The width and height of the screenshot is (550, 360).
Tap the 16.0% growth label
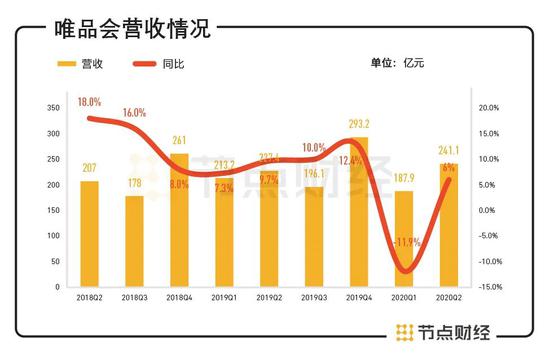click(133, 113)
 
